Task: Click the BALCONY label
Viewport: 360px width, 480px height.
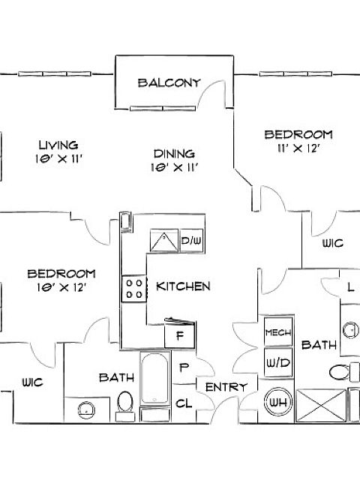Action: pos(169,83)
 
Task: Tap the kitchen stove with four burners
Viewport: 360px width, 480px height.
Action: pos(134,289)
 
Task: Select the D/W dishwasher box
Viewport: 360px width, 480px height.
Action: pos(191,241)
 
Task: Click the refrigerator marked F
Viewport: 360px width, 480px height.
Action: pos(180,335)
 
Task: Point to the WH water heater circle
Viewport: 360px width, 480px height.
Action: pos(278,402)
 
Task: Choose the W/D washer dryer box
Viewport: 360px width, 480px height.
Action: pos(278,363)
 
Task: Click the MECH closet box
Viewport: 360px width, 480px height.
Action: pos(278,332)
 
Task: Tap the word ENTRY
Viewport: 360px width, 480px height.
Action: pos(226,387)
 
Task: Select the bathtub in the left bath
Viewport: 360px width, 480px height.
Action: pos(155,379)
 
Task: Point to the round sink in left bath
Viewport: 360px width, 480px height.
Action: pos(86,410)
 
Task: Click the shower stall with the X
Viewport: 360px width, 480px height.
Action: pos(321,405)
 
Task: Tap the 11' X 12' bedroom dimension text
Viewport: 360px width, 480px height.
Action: pos(298,148)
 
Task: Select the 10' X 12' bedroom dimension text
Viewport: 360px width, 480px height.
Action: pos(61,287)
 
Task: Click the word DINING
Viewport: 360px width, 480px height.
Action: pos(174,153)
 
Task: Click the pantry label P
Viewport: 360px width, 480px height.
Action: pos(184,367)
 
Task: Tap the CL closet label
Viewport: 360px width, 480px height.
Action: pos(184,403)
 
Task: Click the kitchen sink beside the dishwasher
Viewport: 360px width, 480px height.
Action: pos(164,241)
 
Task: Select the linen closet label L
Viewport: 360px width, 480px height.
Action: pos(351,287)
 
